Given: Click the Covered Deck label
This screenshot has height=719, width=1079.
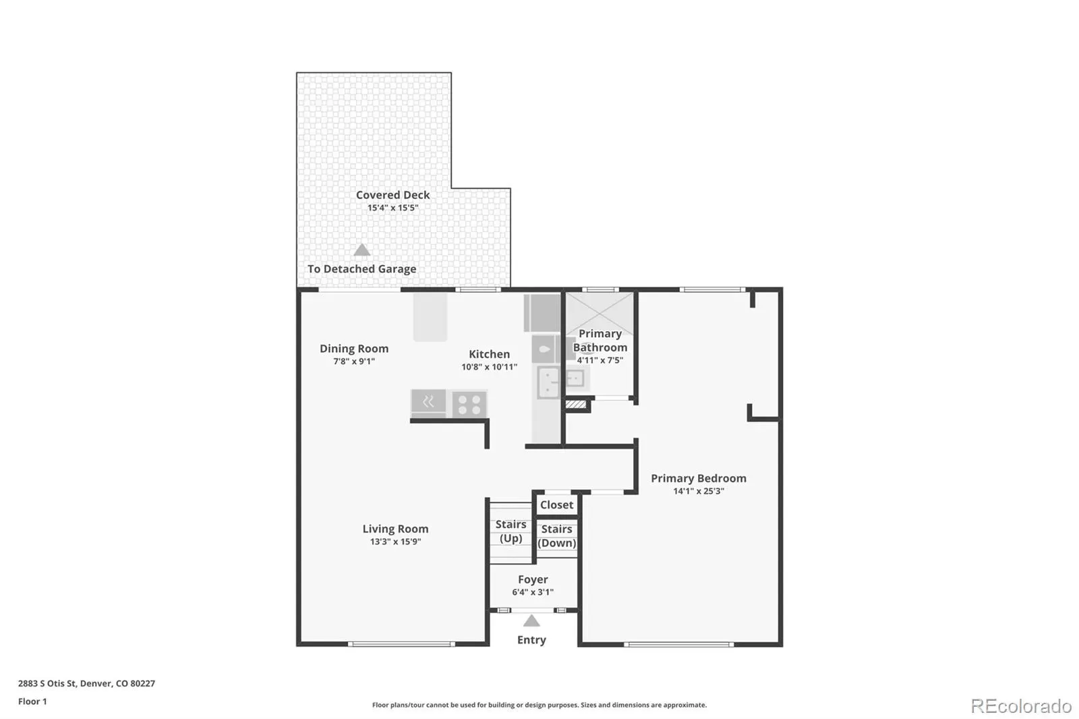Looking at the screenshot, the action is click(392, 195).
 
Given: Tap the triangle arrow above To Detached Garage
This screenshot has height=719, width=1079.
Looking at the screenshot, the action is click(361, 250).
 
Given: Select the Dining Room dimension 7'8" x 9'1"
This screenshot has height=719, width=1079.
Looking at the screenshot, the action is click(354, 361).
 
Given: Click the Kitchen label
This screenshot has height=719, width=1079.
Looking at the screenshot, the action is click(489, 354).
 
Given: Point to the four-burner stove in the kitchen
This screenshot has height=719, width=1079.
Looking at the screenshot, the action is click(469, 404).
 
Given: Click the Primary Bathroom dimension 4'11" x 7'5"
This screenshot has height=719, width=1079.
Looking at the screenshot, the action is click(600, 360).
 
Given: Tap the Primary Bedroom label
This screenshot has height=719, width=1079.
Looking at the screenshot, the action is click(699, 478).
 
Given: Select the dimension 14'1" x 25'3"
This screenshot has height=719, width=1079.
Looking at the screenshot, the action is click(699, 491).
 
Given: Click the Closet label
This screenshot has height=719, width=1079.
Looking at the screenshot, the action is click(556, 505).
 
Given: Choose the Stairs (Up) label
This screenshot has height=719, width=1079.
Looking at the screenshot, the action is click(511, 531).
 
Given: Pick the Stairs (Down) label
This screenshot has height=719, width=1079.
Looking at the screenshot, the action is click(556, 536).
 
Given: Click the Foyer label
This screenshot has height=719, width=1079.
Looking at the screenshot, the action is click(533, 579).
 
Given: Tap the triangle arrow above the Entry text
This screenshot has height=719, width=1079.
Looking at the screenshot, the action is click(531, 621).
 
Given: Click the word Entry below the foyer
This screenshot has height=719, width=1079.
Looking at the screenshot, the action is click(531, 640).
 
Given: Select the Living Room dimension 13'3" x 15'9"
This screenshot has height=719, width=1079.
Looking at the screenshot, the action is click(395, 542).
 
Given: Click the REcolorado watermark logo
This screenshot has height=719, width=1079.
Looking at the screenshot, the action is click(1021, 706).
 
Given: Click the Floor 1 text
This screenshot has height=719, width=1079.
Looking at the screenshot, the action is click(33, 701).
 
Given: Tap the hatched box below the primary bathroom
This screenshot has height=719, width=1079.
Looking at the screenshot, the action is click(576, 404).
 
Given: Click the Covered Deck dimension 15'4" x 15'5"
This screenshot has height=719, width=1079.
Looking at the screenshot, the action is click(392, 208).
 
